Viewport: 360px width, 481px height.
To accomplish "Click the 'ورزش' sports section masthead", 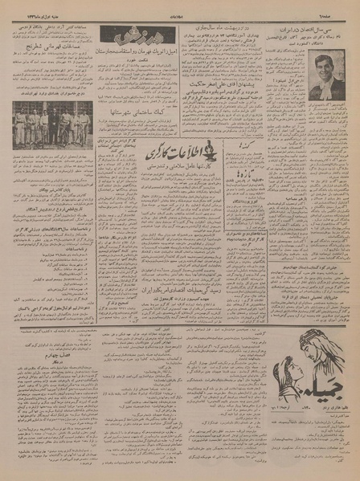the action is point(123,37).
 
